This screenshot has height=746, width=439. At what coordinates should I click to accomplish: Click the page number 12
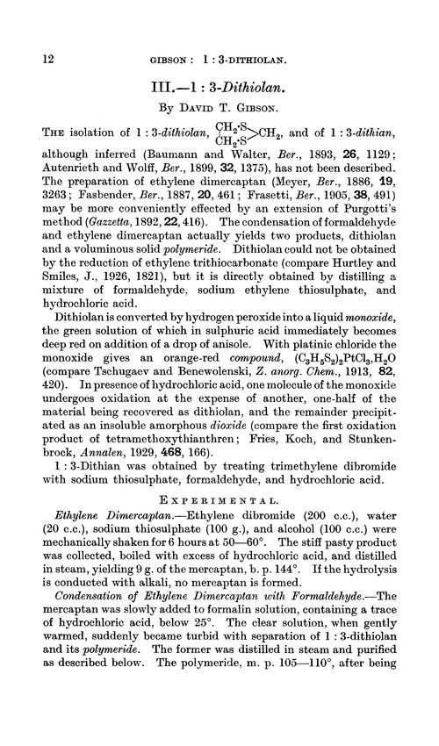(25, 32)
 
